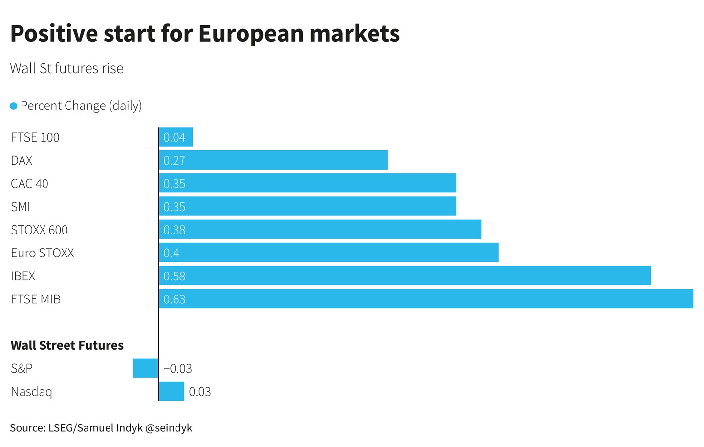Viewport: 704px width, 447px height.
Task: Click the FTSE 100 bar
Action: pos(176,137)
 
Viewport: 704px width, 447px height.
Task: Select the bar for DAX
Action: pos(273,160)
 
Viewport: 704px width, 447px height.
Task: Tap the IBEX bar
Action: pos(405,276)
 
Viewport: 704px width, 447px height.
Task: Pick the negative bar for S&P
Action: pos(146,368)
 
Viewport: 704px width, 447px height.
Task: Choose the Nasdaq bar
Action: pos(172,391)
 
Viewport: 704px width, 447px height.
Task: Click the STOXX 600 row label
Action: pos(39,230)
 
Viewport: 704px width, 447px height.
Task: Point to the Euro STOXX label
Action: pos(42,253)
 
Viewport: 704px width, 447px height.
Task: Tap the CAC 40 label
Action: pos(29,183)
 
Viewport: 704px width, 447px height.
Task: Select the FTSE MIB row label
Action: pos(35,299)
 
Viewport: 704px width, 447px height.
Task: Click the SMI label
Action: pos(21,207)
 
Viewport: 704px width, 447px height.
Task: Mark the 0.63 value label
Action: pos(174,299)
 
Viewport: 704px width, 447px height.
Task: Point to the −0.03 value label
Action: pos(177,368)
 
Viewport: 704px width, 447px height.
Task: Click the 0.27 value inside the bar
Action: pos(174,160)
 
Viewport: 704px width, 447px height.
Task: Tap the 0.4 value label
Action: pos(171,253)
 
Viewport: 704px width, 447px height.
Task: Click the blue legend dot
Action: pos(14,106)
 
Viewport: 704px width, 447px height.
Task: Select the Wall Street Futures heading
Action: pos(67,345)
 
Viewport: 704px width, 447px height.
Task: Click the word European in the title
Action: pos(251,33)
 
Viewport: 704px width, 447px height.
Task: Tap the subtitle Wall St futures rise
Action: pos(66,68)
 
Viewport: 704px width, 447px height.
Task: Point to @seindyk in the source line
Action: pos(169,428)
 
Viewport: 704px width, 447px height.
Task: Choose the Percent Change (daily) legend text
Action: pos(81,106)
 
